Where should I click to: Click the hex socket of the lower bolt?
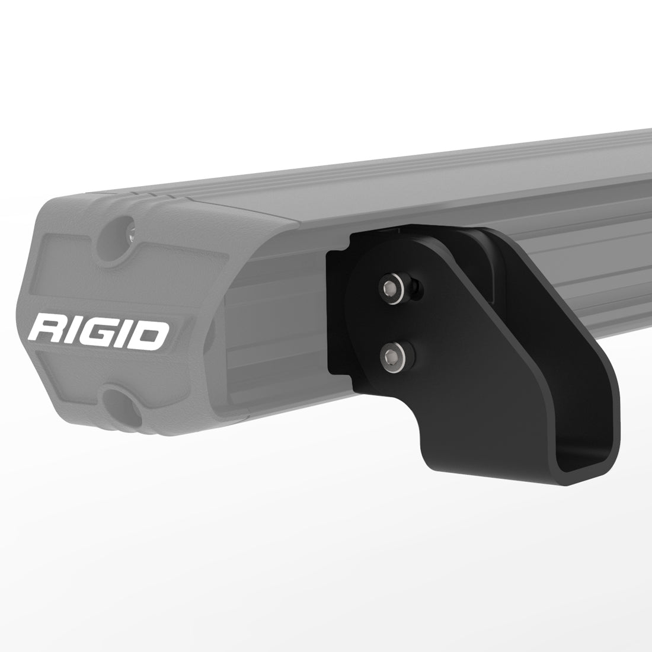391,356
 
